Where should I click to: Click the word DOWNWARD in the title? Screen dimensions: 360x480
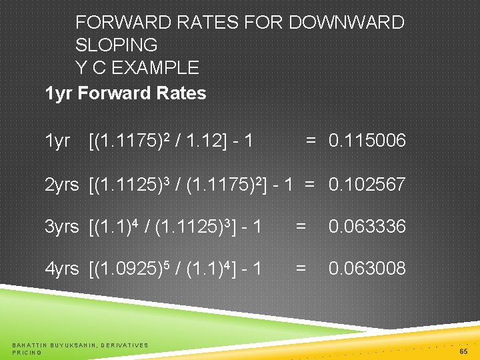pos(346,23)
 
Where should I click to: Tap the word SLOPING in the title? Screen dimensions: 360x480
pos(117,45)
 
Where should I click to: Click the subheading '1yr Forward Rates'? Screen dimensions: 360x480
pos(125,93)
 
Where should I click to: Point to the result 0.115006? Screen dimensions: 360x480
pos(367,141)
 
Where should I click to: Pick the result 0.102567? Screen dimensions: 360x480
pos(367,185)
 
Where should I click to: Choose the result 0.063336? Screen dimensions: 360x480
pos(367,227)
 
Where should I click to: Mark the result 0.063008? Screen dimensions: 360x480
pos(367,269)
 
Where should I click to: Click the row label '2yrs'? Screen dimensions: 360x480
pos(61,185)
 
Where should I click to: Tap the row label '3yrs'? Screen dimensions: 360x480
pos(61,227)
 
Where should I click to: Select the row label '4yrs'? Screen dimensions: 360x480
pos(61,269)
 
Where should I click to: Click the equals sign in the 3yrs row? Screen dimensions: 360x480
pos(301,227)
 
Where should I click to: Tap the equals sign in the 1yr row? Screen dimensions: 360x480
pos(311,141)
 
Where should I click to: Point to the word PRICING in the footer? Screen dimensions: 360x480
pos(27,352)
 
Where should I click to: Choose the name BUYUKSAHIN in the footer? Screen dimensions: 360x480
pos(73,345)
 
